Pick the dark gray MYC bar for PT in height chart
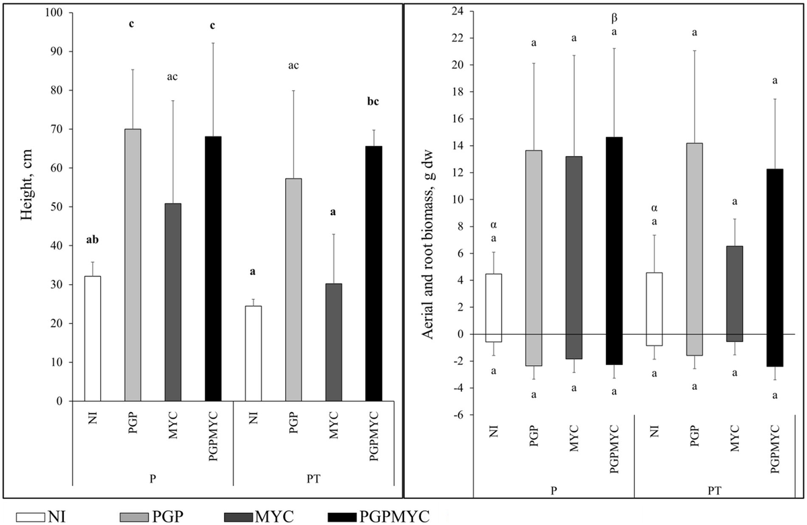[x=334, y=342]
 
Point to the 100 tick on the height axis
[x=56, y=13]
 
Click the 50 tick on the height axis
[x=59, y=207]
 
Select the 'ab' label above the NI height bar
[x=92, y=239]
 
